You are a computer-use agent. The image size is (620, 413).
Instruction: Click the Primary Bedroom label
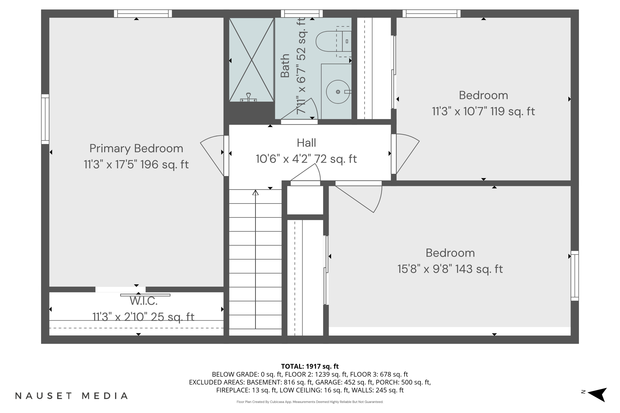click(x=136, y=148)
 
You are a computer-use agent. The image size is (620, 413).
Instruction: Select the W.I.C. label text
click(x=144, y=301)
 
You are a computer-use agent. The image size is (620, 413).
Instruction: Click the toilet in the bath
click(x=334, y=41)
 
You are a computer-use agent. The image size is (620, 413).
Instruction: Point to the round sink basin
click(x=338, y=92)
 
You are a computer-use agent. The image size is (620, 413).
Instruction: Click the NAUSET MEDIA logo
click(x=72, y=396)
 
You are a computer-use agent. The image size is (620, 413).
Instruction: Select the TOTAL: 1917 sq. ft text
click(x=310, y=366)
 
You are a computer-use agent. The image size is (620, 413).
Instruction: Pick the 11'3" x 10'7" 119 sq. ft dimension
click(x=483, y=112)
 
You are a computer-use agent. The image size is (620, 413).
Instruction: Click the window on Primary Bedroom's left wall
click(x=45, y=119)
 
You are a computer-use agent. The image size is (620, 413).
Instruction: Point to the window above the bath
click(x=302, y=13)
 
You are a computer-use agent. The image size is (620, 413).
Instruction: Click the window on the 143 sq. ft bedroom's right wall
click(x=575, y=276)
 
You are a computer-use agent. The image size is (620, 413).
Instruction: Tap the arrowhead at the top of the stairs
click(x=255, y=192)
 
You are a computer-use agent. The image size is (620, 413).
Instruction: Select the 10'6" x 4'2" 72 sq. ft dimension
click(x=306, y=159)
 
